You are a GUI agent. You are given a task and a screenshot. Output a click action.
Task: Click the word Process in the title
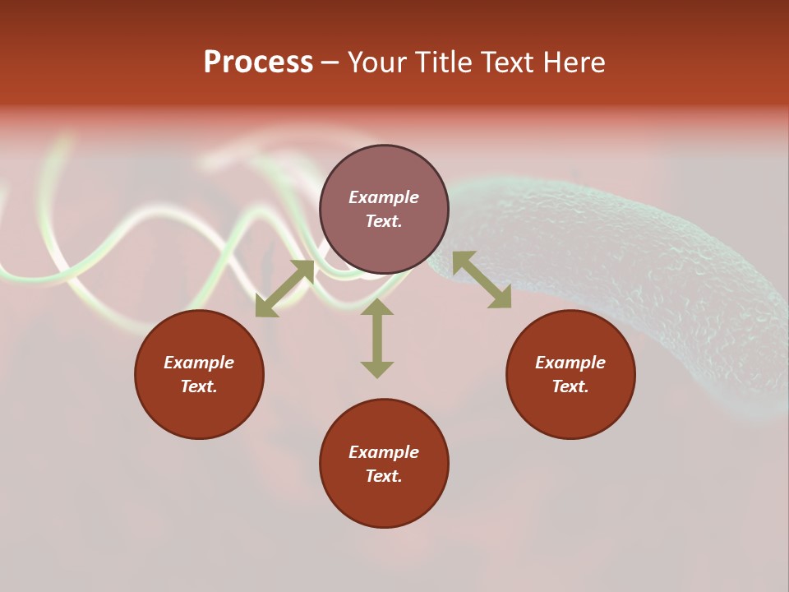[x=258, y=62]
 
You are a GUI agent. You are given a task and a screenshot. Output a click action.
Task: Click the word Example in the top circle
[x=384, y=197]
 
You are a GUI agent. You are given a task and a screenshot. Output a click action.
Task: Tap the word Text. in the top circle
[x=384, y=221]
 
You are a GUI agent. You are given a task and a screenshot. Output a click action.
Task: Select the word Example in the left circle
[x=199, y=363]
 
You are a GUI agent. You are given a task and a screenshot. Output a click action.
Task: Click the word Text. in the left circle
[x=199, y=386]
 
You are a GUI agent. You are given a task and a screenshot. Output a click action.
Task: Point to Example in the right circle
[x=570, y=363]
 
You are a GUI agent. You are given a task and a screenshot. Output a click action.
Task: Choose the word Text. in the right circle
[x=570, y=386]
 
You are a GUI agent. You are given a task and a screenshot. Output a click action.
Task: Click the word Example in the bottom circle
[x=384, y=452]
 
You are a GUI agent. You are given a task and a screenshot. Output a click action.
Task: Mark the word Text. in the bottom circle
[x=384, y=476]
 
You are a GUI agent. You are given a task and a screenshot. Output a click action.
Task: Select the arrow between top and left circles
[x=285, y=289]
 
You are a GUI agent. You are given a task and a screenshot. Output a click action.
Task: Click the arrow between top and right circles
[x=482, y=280]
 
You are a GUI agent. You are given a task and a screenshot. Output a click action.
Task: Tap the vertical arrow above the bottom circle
[x=377, y=337]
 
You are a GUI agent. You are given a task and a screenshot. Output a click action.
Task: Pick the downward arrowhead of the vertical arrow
[x=377, y=369]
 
